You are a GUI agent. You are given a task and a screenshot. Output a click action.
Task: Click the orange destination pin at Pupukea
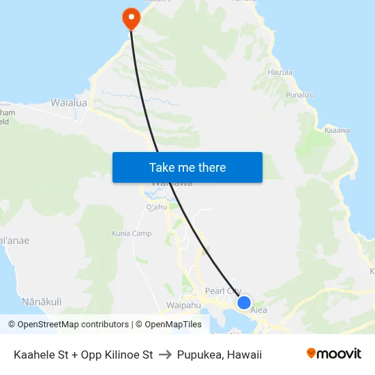pos(130,18)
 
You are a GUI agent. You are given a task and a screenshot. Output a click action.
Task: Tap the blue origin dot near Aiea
pos(243,303)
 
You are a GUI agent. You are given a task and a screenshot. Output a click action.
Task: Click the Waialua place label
pos(69,103)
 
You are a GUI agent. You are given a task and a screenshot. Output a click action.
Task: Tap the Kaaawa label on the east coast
pos(337,130)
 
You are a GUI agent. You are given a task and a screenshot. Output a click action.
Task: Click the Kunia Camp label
pos(133,234)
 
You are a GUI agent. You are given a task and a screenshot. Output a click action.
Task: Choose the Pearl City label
pos(223,290)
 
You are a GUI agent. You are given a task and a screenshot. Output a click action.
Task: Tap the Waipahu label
pos(183,305)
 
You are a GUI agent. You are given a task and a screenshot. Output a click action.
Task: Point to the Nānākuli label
pos(42,301)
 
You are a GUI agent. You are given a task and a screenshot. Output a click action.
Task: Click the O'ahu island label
pos(156,207)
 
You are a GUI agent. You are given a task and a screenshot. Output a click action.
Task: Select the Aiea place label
pos(258,310)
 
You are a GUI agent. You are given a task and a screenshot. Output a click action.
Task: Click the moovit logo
pos(333,354)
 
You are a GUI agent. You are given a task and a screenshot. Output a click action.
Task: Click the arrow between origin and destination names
pos(165,355)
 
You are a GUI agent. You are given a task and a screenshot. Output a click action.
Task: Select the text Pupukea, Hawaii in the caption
pos(220,355)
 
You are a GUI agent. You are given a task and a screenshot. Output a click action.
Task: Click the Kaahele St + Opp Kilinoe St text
pos(83,355)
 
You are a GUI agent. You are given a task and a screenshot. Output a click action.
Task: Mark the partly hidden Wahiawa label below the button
pos(168,184)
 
